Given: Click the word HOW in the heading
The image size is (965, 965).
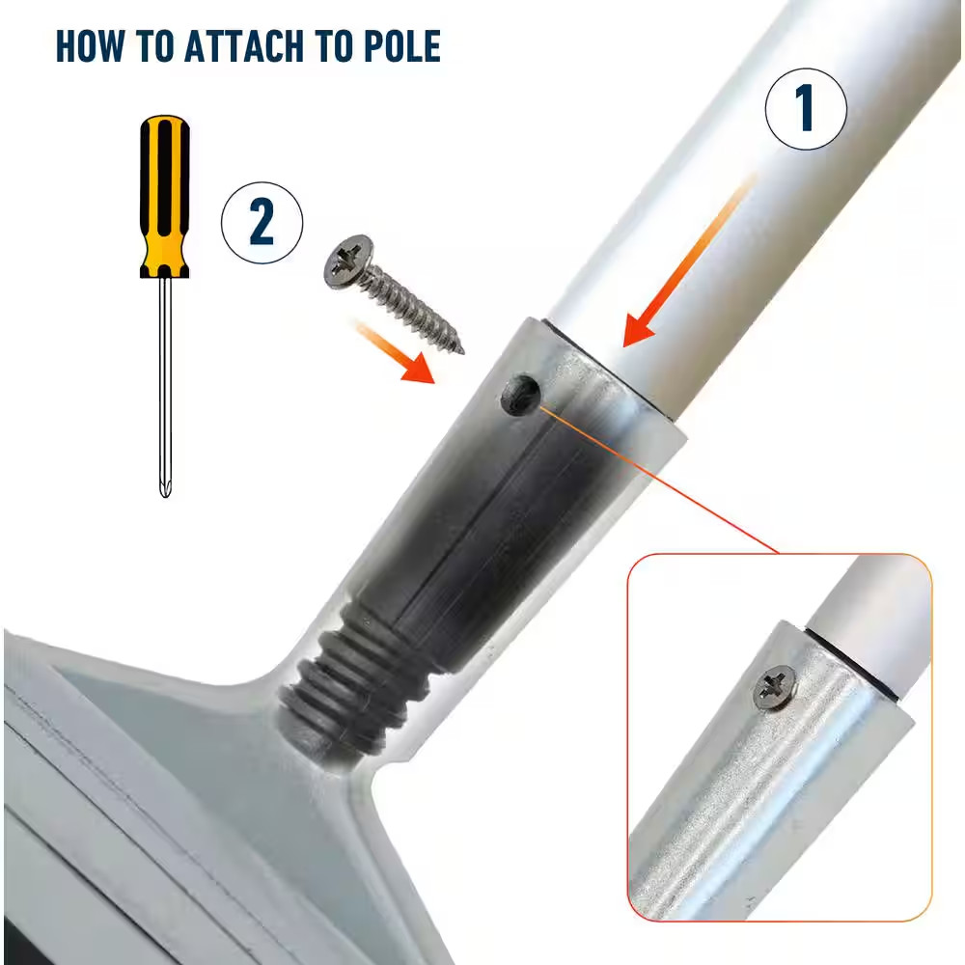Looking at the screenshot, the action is (90, 46).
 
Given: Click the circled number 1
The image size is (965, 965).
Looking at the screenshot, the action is (806, 108).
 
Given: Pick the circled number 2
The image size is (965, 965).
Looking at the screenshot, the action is (262, 223).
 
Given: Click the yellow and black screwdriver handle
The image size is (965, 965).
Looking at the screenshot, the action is (164, 196).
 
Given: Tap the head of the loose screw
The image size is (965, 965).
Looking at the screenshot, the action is (348, 261).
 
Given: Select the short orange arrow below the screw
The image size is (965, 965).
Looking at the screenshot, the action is (396, 351).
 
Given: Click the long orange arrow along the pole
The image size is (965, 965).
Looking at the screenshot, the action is (688, 261).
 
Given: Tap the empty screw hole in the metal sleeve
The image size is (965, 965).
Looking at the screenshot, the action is (521, 395).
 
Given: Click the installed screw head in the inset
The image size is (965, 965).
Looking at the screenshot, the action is (776, 688).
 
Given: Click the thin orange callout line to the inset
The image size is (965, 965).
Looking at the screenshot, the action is (658, 480).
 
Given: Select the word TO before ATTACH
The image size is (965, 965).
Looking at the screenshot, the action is (154, 46).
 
